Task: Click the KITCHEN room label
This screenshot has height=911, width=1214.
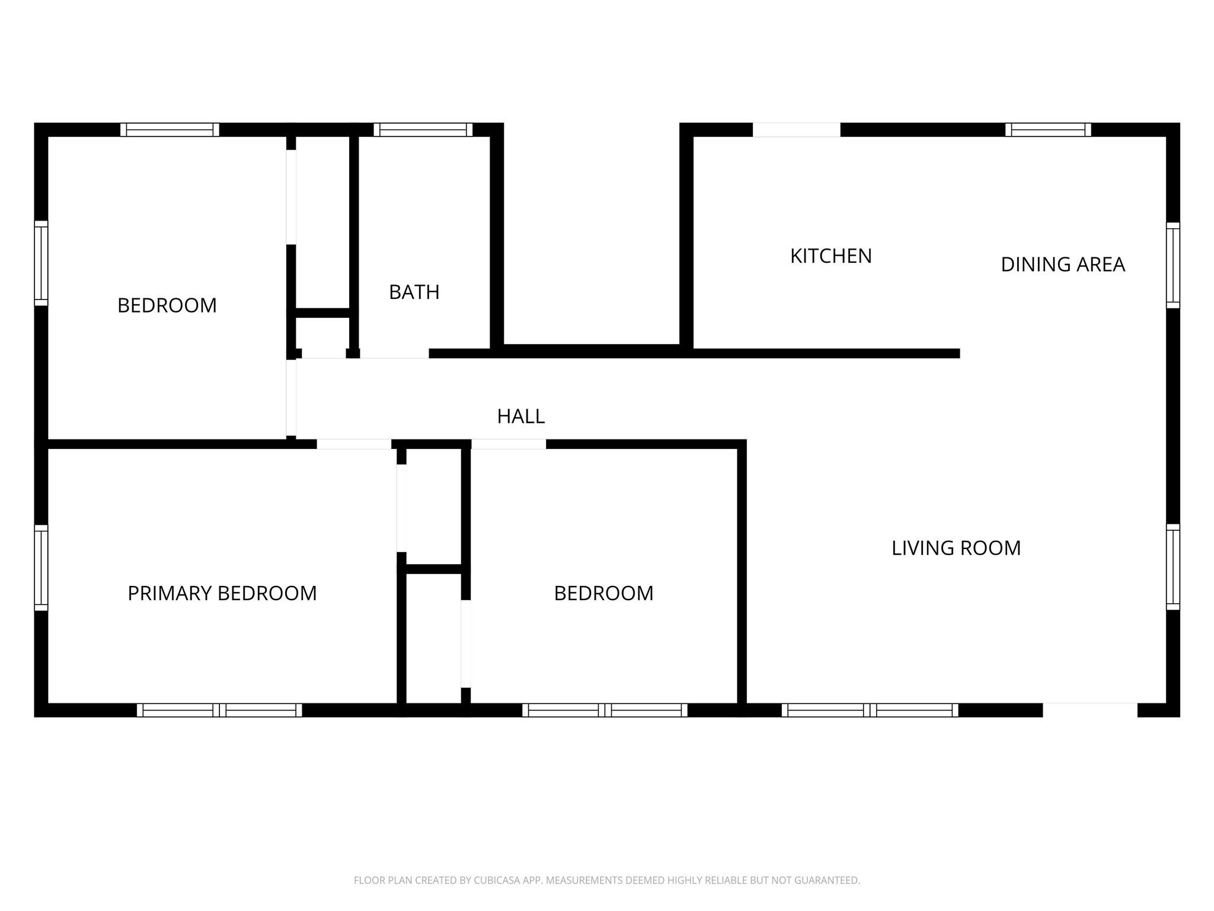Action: (x=830, y=256)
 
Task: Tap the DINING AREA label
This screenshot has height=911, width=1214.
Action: (x=1062, y=265)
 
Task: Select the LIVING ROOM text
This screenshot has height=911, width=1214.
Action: (x=956, y=548)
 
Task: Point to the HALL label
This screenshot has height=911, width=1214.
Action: (x=520, y=417)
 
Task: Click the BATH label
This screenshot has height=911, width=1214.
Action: (x=414, y=292)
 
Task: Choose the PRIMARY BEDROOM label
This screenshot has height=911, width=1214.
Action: (x=222, y=593)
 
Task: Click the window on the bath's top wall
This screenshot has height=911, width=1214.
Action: (x=423, y=129)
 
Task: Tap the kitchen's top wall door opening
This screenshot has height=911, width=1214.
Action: (x=796, y=129)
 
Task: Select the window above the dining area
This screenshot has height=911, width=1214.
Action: (x=1047, y=129)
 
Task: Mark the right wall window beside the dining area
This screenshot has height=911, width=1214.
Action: (x=1173, y=265)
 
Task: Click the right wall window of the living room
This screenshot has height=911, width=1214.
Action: (x=1173, y=567)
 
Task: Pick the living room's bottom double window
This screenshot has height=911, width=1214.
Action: (x=870, y=710)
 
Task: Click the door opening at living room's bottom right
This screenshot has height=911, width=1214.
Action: (x=1090, y=710)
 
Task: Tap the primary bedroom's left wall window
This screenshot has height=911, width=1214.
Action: (x=41, y=568)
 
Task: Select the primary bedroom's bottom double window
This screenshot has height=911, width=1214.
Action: (x=219, y=710)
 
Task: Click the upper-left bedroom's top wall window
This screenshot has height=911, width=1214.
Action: (x=170, y=129)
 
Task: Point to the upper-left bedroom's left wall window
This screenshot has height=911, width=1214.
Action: (x=41, y=263)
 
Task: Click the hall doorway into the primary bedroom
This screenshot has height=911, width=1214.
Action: (x=354, y=444)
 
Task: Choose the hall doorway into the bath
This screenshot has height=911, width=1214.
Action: (x=394, y=353)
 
